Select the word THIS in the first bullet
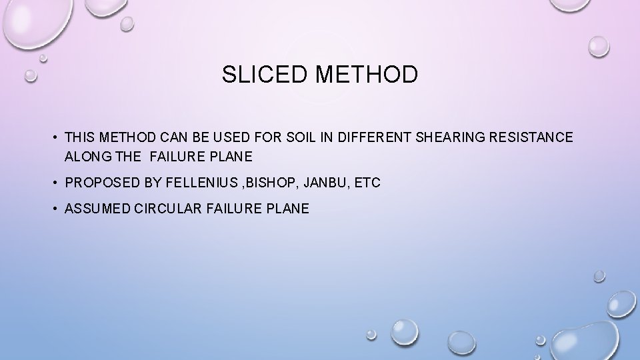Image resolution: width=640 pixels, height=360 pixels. point(80,138)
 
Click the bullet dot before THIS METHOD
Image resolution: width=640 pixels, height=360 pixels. point(52,138)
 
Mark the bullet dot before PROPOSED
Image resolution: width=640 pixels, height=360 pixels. point(52,182)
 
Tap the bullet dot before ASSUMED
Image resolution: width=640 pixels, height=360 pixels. point(52,209)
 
